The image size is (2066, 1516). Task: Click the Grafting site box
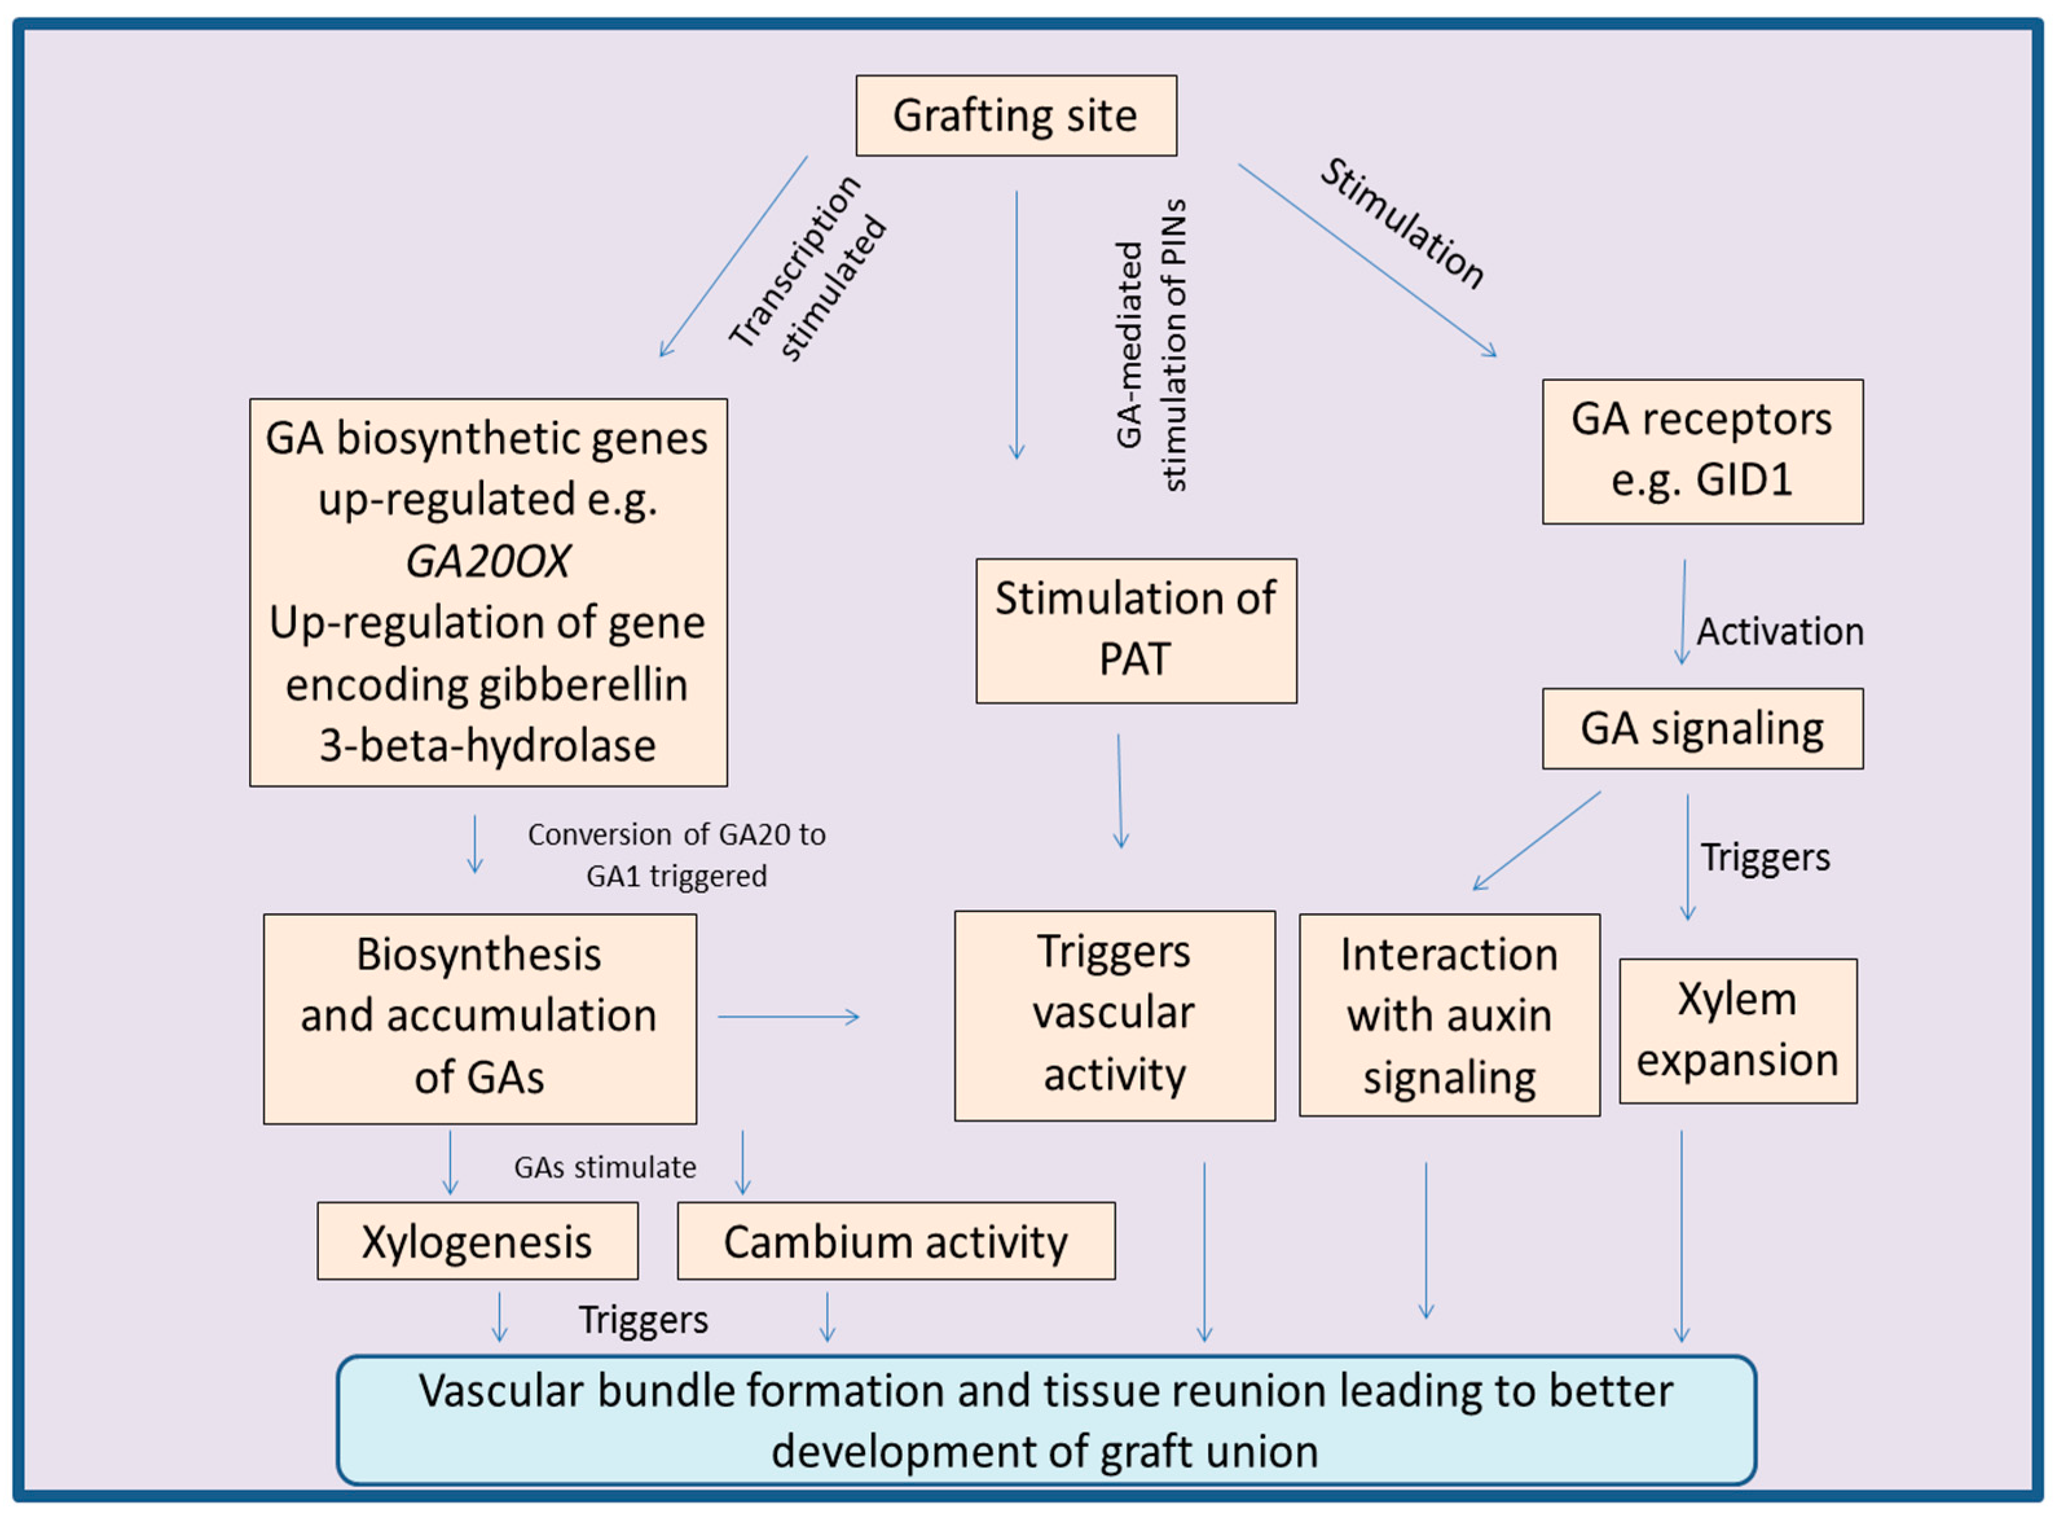coord(1016,116)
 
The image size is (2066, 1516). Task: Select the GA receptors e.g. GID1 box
coord(1702,451)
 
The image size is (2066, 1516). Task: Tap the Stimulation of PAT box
coord(1136,631)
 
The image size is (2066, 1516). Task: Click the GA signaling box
coord(1702,729)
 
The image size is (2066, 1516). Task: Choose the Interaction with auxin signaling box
coord(1449,1015)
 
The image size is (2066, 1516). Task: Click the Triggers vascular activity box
coord(1114,1015)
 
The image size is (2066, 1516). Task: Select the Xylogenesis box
coord(478,1242)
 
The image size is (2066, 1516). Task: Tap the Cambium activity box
coord(896,1242)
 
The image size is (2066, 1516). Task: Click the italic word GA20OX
coord(487,561)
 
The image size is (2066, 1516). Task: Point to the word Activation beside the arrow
coord(1779,631)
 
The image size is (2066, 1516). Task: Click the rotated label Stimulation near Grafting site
coord(1401,224)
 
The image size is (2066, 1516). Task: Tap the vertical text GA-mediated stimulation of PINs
coord(1152,346)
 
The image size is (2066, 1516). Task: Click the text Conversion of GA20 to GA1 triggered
coord(676,854)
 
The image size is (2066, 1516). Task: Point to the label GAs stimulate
coord(605,1167)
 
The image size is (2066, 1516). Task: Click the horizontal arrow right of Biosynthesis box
coord(788,1017)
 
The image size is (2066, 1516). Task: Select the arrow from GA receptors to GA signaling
coord(1683,612)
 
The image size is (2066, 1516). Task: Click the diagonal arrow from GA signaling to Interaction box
coord(1537,841)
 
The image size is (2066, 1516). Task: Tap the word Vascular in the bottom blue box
coord(500,1391)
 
